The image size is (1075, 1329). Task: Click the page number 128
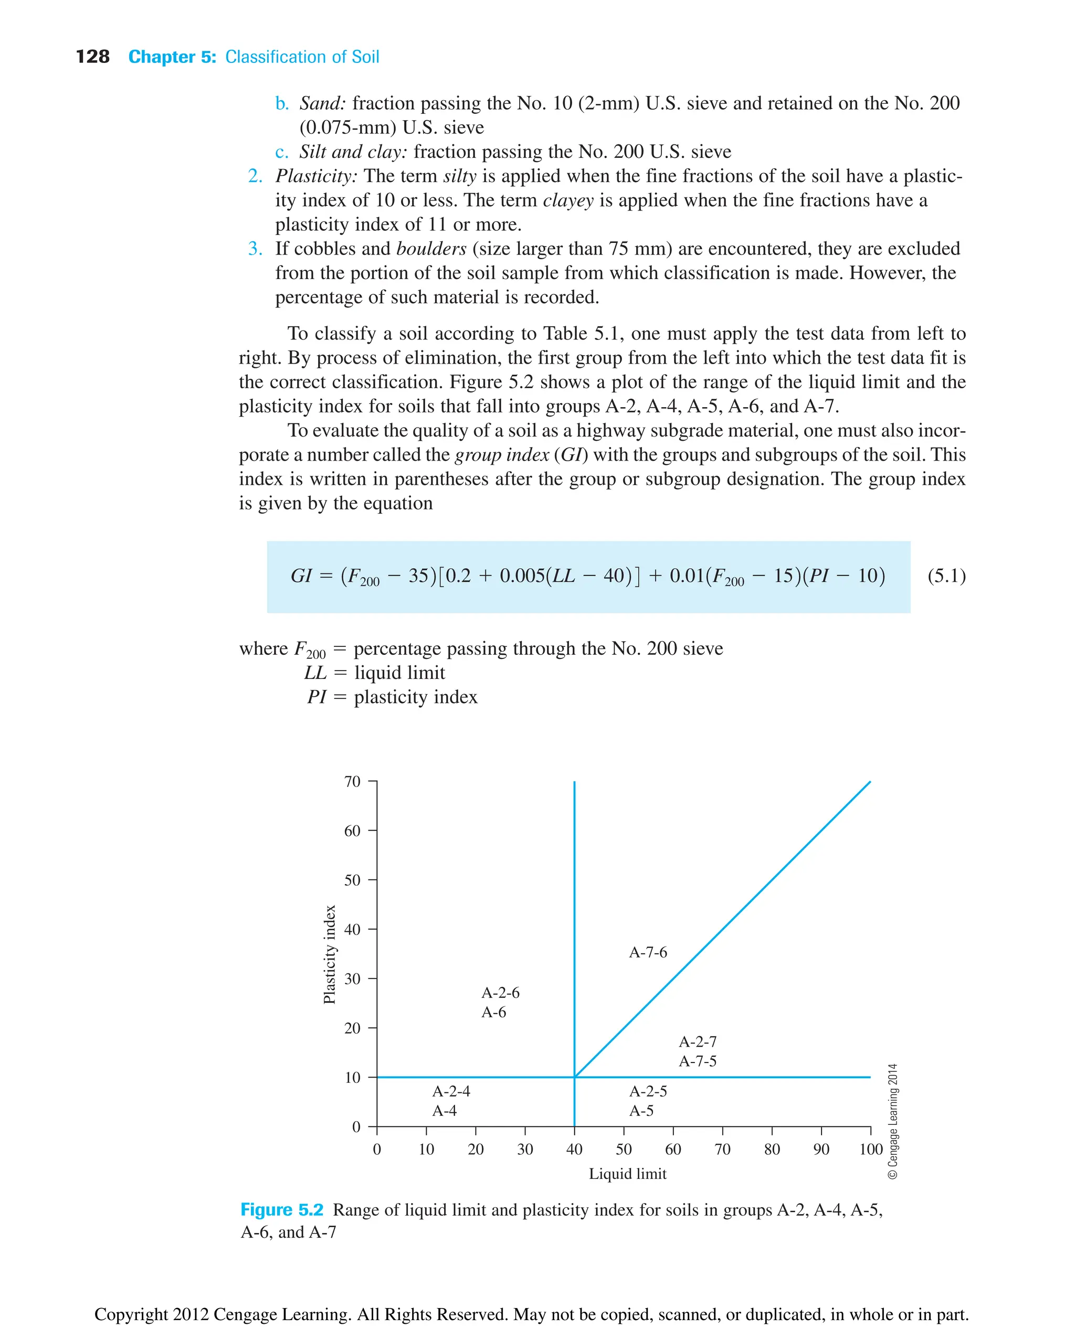(92, 57)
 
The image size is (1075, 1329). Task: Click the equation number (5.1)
(946, 576)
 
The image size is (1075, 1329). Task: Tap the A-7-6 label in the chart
(648, 952)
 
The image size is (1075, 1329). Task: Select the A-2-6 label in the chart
(500, 993)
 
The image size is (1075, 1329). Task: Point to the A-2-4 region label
(451, 1091)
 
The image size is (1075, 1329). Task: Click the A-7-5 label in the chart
(697, 1061)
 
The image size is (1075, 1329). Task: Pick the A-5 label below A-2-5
(641, 1111)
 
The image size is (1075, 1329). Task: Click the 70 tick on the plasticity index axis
(352, 782)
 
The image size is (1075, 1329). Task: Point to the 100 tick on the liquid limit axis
(871, 1150)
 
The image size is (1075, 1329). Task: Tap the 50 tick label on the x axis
(624, 1150)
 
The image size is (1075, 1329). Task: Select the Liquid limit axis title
(627, 1174)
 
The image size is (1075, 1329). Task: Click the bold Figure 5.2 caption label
(282, 1210)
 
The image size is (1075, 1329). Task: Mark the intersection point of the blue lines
(575, 1077)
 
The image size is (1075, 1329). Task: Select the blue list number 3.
(255, 249)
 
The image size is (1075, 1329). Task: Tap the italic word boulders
(431, 249)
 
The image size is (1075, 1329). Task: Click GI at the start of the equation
(302, 576)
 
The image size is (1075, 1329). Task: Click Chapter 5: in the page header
(172, 57)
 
